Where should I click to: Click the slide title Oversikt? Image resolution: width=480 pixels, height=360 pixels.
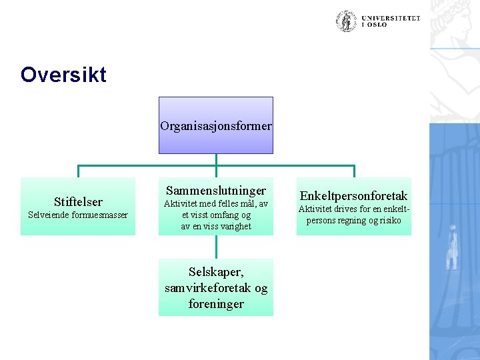pyautogui.click(x=63, y=74)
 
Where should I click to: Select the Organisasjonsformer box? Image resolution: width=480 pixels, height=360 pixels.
pyautogui.click(x=216, y=125)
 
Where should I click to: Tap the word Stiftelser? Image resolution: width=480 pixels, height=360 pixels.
pyautogui.click(x=78, y=201)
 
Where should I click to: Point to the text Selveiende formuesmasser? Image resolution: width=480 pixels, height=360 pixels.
pyautogui.click(x=78, y=215)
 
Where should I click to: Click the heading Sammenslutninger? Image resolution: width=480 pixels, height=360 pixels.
pyautogui.click(x=216, y=191)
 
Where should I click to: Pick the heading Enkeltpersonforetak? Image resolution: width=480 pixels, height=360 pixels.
pyautogui.click(x=353, y=195)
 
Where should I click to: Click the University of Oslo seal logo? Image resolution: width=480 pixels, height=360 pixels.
pyautogui.click(x=346, y=21)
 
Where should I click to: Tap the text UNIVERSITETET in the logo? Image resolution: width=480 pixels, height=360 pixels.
pyautogui.click(x=391, y=18)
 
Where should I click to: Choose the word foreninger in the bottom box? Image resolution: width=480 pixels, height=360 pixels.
pyautogui.click(x=216, y=303)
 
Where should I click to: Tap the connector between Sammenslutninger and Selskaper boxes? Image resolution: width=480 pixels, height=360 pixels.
pyautogui.click(x=216, y=247)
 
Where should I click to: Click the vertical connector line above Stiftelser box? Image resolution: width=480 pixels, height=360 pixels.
pyautogui.click(x=78, y=171)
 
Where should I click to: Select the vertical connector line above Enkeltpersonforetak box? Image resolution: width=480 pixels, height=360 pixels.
pyautogui.click(x=354, y=171)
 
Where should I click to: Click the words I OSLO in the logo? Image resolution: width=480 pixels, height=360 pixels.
pyautogui.click(x=374, y=25)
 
